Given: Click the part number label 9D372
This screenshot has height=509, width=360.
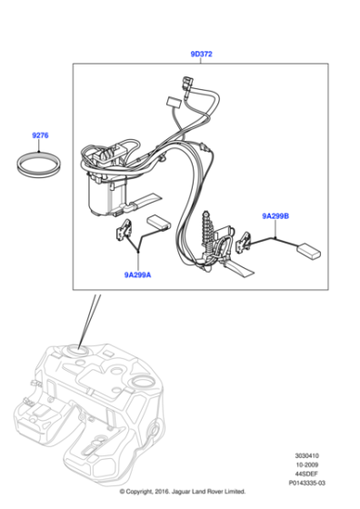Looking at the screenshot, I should [x=201, y=55].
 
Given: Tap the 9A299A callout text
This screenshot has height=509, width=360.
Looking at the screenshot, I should [x=139, y=273].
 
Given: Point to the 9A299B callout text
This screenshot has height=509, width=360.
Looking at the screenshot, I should [x=275, y=216].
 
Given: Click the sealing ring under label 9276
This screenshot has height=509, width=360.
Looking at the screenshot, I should [x=41, y=166].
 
